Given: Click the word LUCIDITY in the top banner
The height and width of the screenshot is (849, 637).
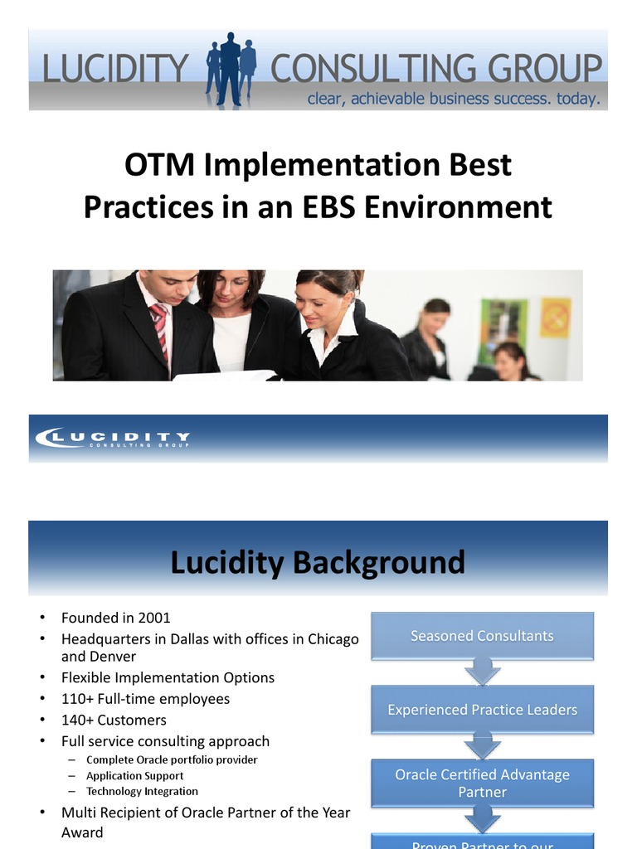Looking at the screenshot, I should pyautogui.click(x=117, y=68).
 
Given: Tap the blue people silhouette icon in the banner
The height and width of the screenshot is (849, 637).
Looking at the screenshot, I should pyautogui.click(x=231, y=70).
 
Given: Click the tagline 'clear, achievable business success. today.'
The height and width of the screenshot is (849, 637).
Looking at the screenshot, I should pyautogui.click(x=453, y=99).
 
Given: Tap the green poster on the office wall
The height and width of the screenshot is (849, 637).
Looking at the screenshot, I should pyautogui.click(x=503, y=323).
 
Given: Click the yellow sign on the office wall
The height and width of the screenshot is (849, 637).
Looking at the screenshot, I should pyautogui.click(x=555, y=317).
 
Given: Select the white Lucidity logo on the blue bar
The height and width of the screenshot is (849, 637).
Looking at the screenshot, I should pyautogui.click(x=111, y=438).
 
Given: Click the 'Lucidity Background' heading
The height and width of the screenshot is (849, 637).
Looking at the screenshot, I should pyautogui.click(x=318, y=563).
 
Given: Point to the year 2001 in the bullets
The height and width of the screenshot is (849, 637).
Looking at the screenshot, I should pyautogui.click(x=152, y=618).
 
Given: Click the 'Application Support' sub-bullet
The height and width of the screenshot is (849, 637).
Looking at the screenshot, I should pyautogui.click(x=134, y=776).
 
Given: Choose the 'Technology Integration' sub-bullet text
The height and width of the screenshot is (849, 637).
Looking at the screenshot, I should pyautogui.click(x=142, y=792).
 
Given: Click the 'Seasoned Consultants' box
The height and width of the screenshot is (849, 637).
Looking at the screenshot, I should pyautogui.click(x=482, y=636).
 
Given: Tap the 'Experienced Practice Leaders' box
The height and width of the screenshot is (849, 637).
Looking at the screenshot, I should pyautogui.click(x=482, y=710).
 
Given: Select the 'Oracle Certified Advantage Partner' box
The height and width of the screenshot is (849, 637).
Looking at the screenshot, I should pyautogui.click(x=482, y=784).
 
